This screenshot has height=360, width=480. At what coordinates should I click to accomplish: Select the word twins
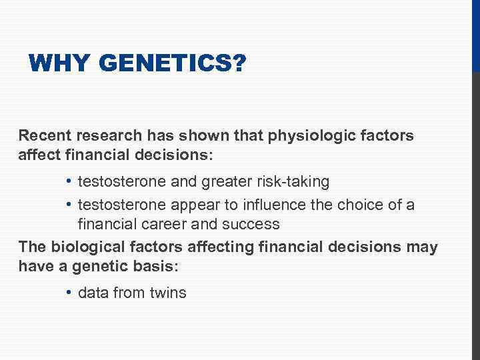click(x=168, y=293)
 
